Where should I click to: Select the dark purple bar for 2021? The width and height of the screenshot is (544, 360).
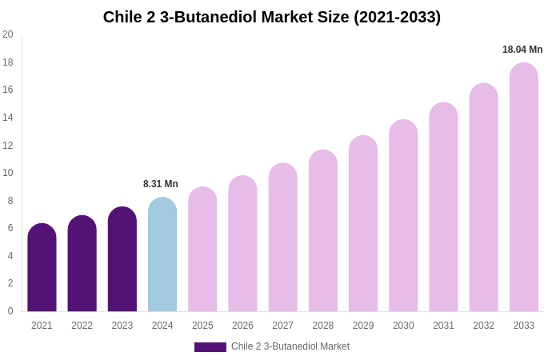pyautogui.click(x=42, y=268)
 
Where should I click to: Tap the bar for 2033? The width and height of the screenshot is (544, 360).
pyautogui.click(x=524, y=187)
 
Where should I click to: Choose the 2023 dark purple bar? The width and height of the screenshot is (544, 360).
pyautogui.click(x=122, y=259)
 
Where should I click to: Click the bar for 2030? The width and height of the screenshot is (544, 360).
pyautogui.click(x=403, y=216)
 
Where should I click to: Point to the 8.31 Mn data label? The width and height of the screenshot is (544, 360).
pyautogui.click(x=161, y=184)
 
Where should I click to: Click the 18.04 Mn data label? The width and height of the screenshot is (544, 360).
pyautogui.click(x=522, y=50)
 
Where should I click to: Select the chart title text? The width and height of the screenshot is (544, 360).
pyautogui.click(x=272, y=17)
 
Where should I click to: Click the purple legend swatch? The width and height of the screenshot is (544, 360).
pyautogui.click(x=210, y=347)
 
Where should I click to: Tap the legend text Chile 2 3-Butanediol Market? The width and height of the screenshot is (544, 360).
pyautogui.click(x=290, y=346)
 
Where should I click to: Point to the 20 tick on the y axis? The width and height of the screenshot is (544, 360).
pyautogui.click(x=7, y=34)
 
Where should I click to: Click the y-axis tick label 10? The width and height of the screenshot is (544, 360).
pyautogui.click(x=7, y=173)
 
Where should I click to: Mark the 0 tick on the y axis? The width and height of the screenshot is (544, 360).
pyautogui.click(x=10, y=311)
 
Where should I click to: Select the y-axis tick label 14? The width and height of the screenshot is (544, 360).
pyautogui.click(x=7, y=118)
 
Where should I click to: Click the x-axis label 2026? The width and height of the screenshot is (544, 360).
pyautogui.click(x=242, y=326)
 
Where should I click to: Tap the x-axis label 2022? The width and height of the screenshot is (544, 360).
pyautogui.click(x=82, y=326)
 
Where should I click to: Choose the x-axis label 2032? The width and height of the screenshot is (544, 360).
pyautogui.click(x=483, y=326)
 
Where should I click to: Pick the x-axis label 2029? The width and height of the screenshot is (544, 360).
pyautogui.click(x=363, y=326)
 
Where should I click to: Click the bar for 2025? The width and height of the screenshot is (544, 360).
pyautogui.click(x=202, y=250)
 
